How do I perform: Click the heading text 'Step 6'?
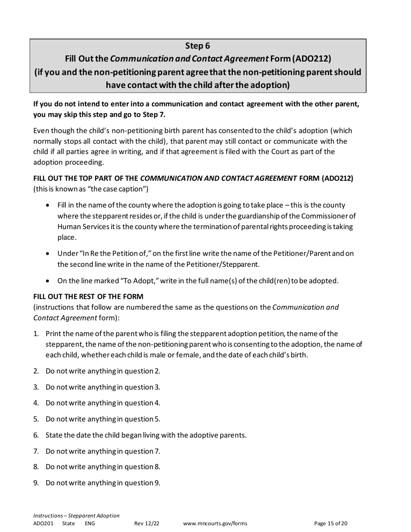pos(198,45)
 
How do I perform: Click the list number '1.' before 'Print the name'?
pos(36,333)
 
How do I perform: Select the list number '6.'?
pos(36,435)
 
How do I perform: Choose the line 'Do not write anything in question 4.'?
pos(103,403)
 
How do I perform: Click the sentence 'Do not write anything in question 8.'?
pos(103,467)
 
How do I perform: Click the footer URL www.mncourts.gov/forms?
pos(215,523)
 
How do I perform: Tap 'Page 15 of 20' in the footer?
pos(331,523)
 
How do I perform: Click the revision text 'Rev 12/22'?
pos(147,523)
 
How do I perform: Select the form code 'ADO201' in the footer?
pos(43,523)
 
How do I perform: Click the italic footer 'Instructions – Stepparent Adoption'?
pos(76,516)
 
